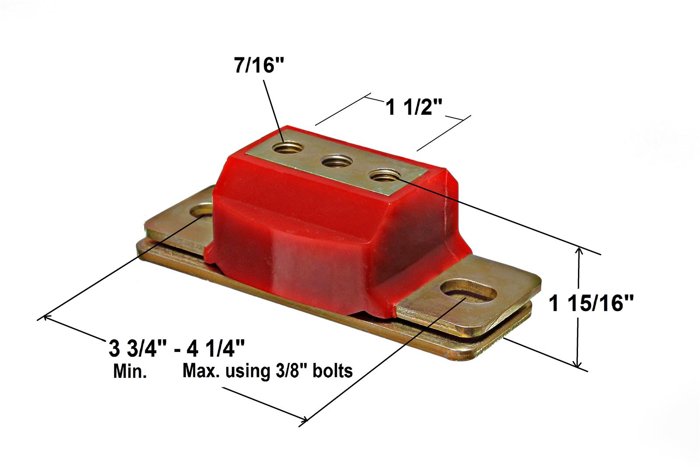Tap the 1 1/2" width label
414,107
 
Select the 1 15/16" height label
591,303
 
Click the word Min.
130,372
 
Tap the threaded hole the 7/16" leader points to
287,147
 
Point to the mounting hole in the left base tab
202,211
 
